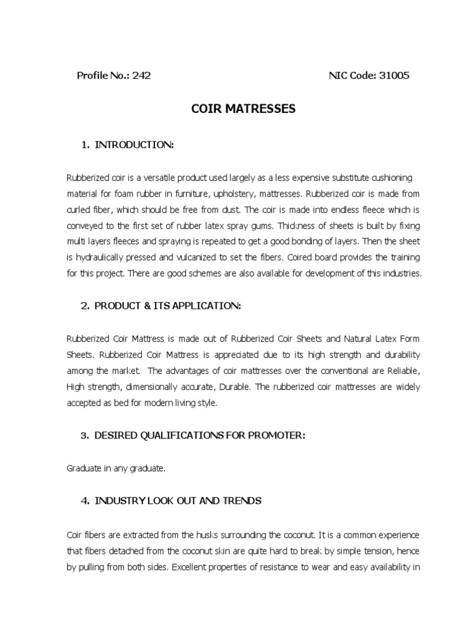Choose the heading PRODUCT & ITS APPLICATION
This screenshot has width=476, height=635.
[167, 306]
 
